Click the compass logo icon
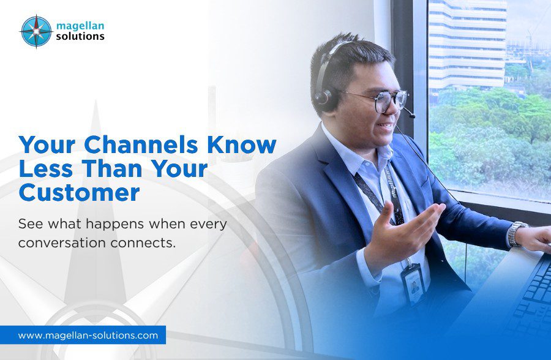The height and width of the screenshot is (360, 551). [36, 32]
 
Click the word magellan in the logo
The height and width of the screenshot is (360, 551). [80, 26]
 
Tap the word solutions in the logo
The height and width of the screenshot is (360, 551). [80, 36]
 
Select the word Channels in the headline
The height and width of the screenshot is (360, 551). [141, 145]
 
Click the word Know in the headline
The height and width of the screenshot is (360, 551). [242, 145]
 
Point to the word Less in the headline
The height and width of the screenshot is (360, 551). [46, 169]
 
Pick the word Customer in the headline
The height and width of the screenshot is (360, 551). [80, 193]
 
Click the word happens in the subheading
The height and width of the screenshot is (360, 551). [116, 225]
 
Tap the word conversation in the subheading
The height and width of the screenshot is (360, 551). [61, 243]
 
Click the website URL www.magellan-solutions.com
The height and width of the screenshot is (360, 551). [88, 336]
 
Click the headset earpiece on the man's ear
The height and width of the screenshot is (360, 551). [324, 100]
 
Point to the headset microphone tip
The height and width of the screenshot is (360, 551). [411, 115]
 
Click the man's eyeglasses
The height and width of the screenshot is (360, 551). [381, 100]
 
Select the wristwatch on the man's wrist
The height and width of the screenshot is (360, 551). [516, 233]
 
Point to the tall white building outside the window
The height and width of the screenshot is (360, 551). [467, 44]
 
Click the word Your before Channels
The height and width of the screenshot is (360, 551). [47, 145]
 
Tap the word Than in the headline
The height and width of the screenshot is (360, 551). [114, 169]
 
